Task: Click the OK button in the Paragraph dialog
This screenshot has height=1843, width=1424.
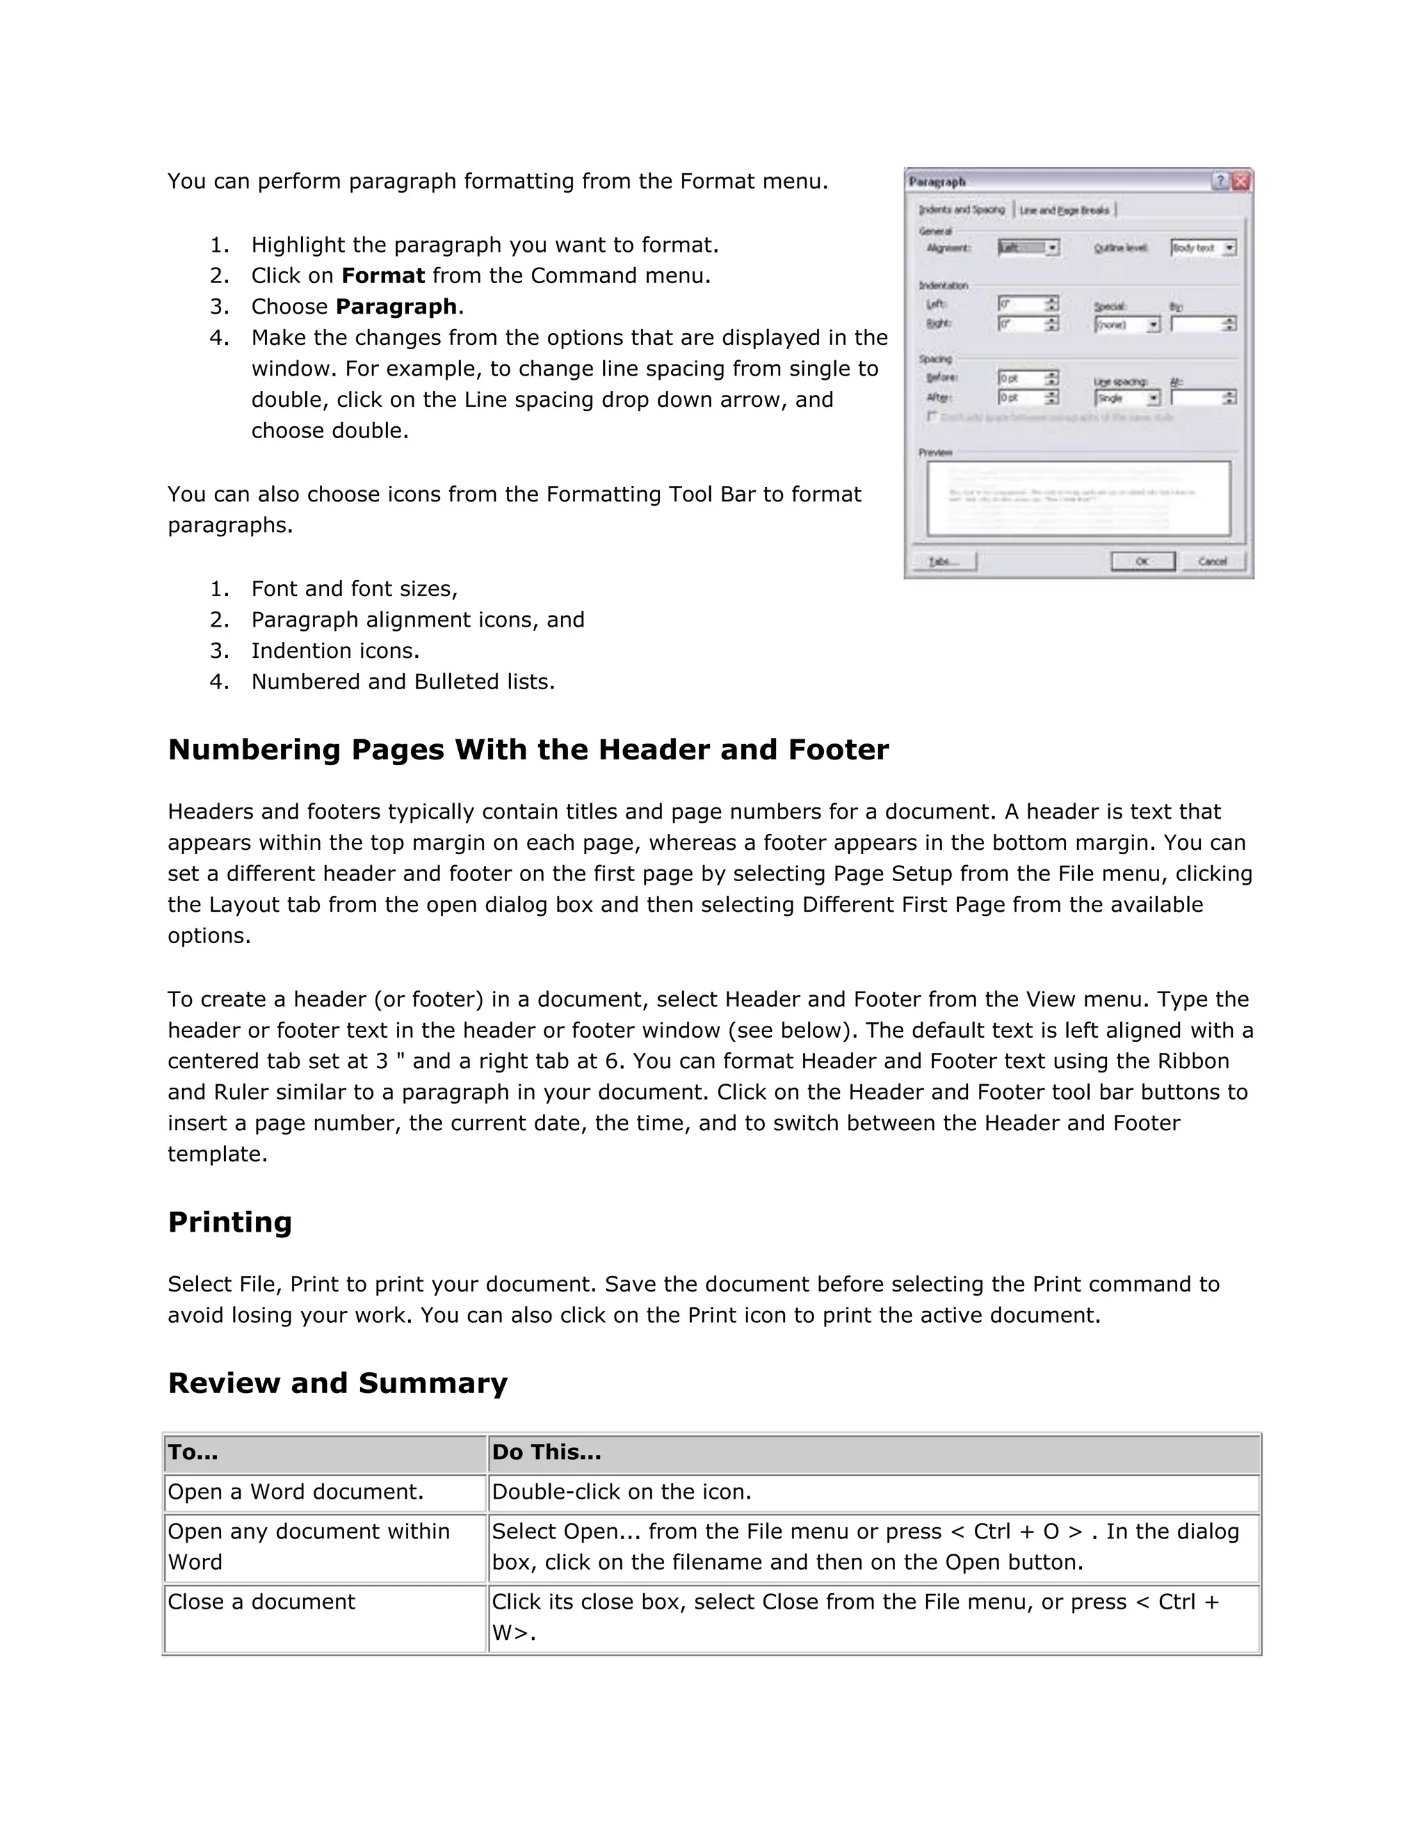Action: pyautogui.click(x=1142, y=561)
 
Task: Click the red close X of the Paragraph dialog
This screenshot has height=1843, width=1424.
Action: pyautogui.click(x=1241, y=182)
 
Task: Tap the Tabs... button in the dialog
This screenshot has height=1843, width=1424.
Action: pyautogui.click(x=944, y=561)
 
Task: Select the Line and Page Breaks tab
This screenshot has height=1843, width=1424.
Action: pyautogui.click(x=1065, y=209)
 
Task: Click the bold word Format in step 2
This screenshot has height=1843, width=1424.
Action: pyautogui.click(x=382, y=276)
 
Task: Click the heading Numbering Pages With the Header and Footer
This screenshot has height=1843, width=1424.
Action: pyautogui.click(x=528, y=749)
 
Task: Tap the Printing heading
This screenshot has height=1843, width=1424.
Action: pyautogui.click(x=229, y=1222)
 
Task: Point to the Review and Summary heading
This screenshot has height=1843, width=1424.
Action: pyautogui.click(x=337, y=1383)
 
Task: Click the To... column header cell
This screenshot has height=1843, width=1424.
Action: pyautogui.click(x=325, y=1453)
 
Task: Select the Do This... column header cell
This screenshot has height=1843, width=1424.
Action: pyautogui.click(x=874, y=1453)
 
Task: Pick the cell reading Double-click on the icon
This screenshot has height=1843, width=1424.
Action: pyautogui.click(x=874, y=1492)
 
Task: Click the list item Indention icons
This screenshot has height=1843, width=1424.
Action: pyautogui.click(x=335, y=651)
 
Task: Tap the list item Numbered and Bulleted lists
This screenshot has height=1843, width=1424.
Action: pyautogui.click(x=403, y=682)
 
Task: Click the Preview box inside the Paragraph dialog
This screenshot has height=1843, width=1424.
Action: pyautogui.click(x=1078, y=498)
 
